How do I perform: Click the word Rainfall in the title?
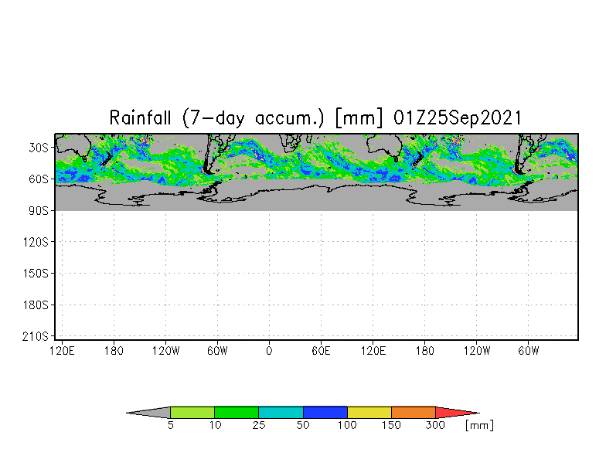pos(140,117)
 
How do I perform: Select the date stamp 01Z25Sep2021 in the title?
pos(458,117)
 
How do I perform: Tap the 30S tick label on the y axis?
pos(39,148)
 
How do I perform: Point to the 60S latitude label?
pos(39,179)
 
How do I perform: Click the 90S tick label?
pos(39,211)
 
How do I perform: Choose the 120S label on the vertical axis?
pos(36,243)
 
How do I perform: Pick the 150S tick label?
pos(36,274)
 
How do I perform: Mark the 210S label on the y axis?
pos(36,337)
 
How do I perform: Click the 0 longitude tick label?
pos(269,351)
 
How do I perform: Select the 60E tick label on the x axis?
pos(322,351)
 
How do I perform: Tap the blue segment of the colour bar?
pos(325,413)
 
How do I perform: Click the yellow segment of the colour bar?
pos(369,413)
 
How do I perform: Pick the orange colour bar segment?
pos(414,413)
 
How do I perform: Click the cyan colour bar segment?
pos(281,413)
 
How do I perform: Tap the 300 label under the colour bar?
pos(436,425)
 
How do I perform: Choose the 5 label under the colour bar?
pos(170,425)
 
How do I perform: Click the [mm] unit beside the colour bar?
pos(479,425)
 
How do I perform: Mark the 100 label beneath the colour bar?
pos(347,425)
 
